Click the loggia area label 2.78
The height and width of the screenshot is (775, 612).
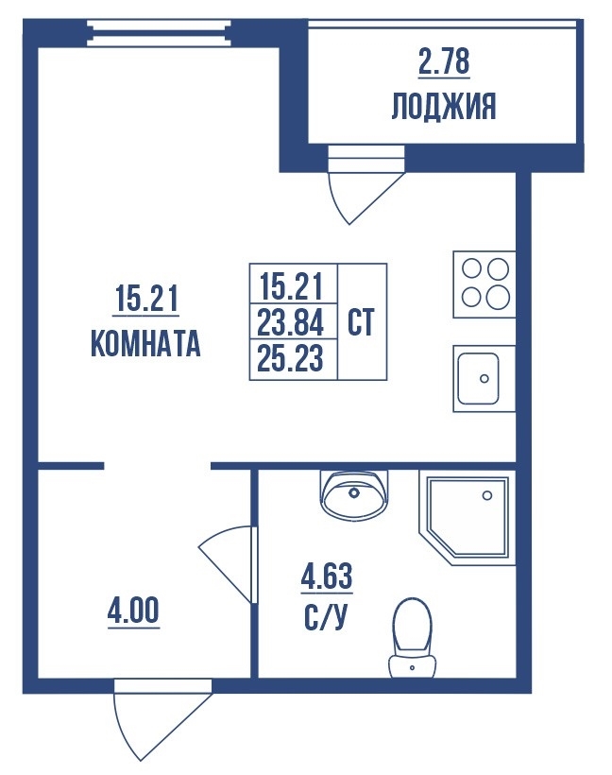point(444,61)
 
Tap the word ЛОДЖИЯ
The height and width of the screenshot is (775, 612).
point(444,106)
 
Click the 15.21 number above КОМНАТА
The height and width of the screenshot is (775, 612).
point(145,299)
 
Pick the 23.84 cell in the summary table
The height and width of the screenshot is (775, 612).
point(293,320)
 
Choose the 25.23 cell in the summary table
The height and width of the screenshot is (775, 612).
point(293,359)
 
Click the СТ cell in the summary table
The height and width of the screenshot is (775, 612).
point(362,321)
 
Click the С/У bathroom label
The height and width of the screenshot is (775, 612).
point(327,619)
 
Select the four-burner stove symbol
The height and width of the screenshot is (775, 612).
point(484,284)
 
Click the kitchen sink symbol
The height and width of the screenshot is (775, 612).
point(484,379)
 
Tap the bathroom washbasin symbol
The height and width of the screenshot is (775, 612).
point(353,494)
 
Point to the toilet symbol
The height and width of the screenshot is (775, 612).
point(413,638)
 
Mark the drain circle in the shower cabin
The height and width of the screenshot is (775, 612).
point(487,495)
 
